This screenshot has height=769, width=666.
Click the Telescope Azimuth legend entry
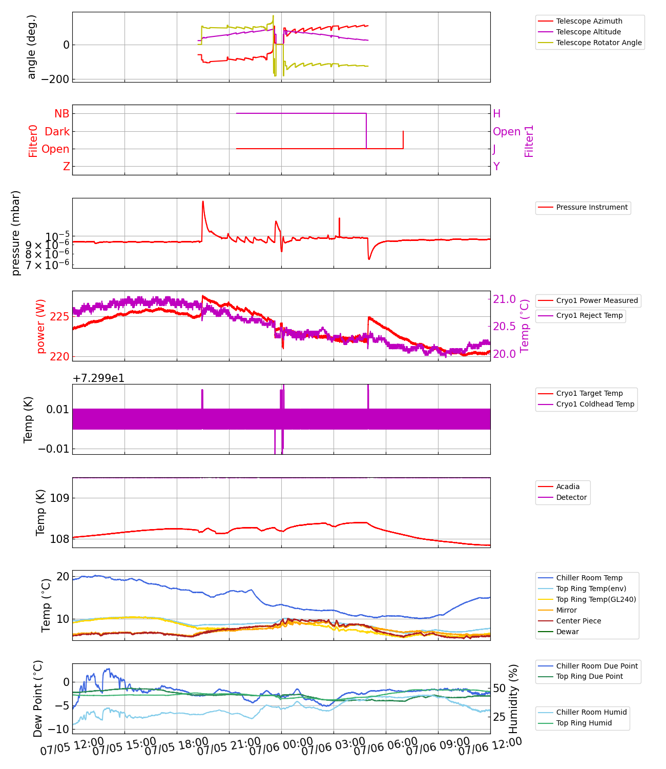[x=589, y=21]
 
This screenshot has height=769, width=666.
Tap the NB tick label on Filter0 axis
[x=61, y=114]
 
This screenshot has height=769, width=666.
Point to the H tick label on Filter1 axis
[x=496, y=114]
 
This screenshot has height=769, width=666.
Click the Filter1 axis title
[x=529, y=140]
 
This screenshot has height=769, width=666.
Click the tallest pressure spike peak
[x=203, y=201]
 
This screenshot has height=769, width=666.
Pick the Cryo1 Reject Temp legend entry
[x=589, y=315]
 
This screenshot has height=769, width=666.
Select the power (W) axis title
[x=41, y=326]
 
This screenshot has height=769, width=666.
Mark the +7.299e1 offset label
[x=98, y=378]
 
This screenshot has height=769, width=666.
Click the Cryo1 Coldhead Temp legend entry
[x=595, y=404]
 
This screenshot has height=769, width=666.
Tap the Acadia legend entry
[x=568, y=487]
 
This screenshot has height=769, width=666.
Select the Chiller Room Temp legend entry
[x=589, y=578]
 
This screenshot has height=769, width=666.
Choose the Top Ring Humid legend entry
[x=584, y=723]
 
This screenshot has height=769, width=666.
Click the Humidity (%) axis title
[x=513, y=698]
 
